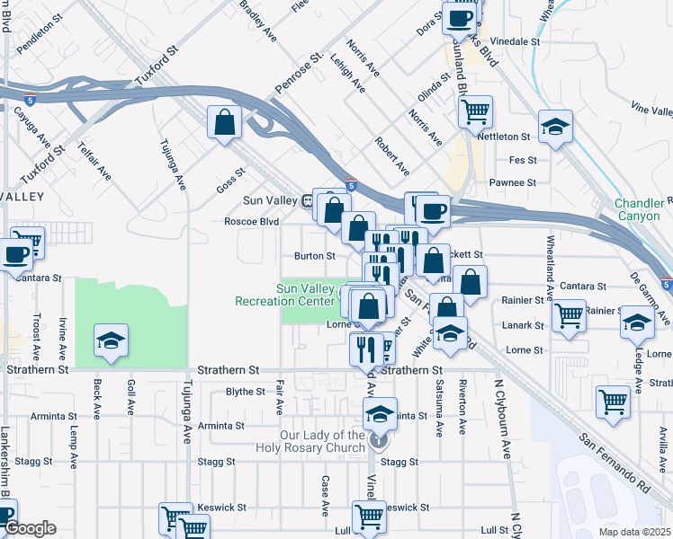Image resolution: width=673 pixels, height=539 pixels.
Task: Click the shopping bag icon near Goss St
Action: (x=223, y=123)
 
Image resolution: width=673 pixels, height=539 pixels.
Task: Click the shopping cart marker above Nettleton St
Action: (x=474, y=111)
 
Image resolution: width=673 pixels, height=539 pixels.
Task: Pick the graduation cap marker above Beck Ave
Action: (x=111, y=340)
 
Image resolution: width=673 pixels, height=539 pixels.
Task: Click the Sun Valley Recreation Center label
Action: (x=310, y=295)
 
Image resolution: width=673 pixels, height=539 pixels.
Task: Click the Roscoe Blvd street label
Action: (x=252, y=222)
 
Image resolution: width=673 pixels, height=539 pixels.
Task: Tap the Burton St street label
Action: (x=315, y=256)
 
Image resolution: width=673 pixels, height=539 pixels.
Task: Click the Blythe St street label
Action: (x=245, y=392)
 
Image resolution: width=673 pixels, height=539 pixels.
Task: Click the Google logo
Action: (x=30, y=528)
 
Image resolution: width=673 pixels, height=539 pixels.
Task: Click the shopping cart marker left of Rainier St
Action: (x=569, y=315)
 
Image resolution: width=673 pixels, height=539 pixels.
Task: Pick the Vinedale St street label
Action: (x=516, y=41)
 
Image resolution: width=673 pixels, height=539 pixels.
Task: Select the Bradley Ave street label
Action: (x=257, y=20)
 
